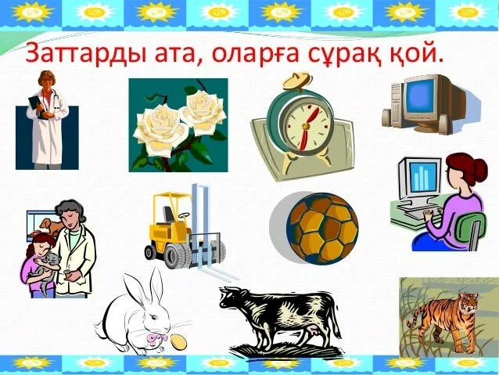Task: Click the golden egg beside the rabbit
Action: [178, 341]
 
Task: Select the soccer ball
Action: [322, 228]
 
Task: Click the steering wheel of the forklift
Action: [184, 215]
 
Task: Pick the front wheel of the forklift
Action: [175, 256]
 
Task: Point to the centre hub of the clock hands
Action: [306, 126]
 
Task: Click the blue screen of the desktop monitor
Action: [420, 96]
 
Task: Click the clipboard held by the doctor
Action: [37, 106]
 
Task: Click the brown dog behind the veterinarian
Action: [52, 225]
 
